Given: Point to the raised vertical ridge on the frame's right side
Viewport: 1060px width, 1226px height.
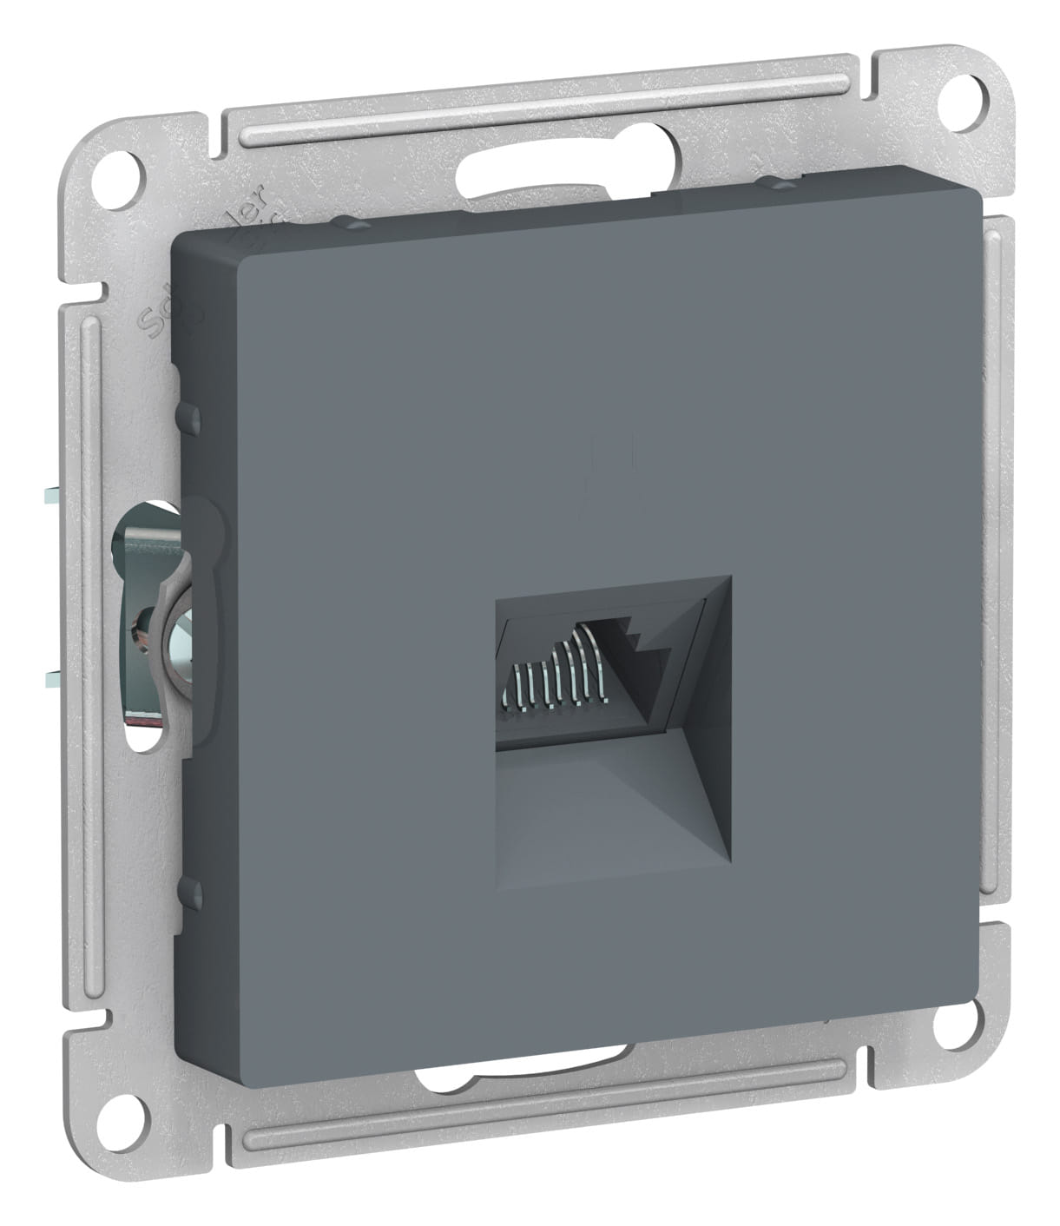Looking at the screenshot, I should click(x=1001, y=556).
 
